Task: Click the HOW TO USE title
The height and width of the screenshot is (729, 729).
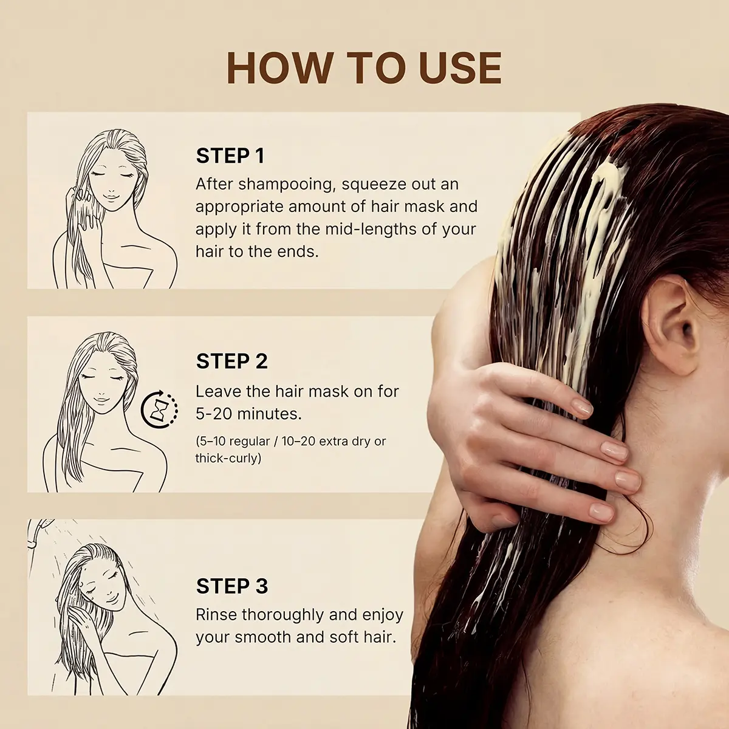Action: (x=364, y=68)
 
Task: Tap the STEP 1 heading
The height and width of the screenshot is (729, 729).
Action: (x=230, y=156)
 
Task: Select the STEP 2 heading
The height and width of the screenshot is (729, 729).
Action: (x=232, y=361)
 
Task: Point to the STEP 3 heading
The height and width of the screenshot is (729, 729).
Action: (x=232, y=586)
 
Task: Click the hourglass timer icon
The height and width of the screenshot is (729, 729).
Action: (x=159, y=409)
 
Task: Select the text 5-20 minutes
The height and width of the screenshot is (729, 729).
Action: (x=248, y=414)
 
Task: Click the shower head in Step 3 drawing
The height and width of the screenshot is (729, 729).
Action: (x=38, y=533)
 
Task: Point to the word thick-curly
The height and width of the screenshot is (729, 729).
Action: (x=228, y=459)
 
